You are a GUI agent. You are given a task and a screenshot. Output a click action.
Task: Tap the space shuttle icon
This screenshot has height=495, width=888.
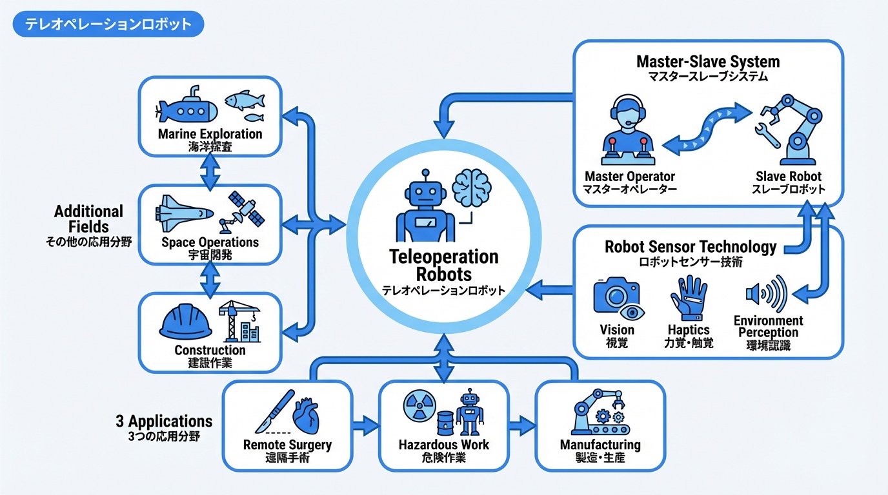pos(183,213)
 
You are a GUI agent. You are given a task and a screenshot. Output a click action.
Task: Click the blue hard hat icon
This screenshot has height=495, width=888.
pos(186,322)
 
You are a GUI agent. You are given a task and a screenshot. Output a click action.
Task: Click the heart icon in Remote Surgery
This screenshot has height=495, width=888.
pos(308,416)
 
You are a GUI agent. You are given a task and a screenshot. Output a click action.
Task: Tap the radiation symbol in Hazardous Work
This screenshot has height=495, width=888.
pos(416,408)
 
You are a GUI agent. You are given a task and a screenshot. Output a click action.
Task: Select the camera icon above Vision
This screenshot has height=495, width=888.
pos(616,298)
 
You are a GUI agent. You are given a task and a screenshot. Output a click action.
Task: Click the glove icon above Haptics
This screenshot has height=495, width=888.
pos(688,298)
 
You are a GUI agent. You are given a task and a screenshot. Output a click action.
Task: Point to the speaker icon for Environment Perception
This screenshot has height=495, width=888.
pos(767,295)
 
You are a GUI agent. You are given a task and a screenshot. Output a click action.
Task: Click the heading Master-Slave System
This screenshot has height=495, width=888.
pos(708,62)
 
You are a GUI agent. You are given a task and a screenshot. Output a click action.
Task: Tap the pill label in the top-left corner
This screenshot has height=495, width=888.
pos(108,24)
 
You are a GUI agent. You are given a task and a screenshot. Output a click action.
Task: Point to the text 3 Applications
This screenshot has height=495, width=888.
pos(164,422)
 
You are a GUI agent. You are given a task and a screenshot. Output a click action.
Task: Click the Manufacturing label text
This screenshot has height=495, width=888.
pos(600,445)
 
